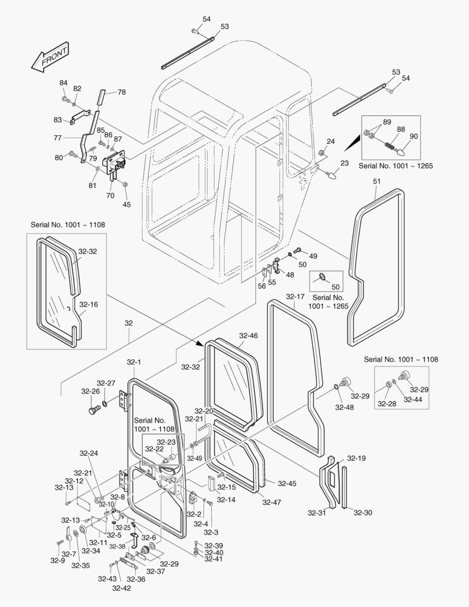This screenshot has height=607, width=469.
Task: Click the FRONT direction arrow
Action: point(50,57)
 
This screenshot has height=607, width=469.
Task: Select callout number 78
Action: point(121,92)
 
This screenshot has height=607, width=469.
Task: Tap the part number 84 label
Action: point(63,83)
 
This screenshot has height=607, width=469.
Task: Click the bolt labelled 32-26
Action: point(94,410)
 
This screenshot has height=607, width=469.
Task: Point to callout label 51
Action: point(377,181)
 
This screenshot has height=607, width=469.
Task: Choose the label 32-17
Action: point(295,296)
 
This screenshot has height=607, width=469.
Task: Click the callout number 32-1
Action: point(135,363)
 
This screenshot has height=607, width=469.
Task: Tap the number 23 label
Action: point(344,162)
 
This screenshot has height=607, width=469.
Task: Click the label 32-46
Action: point(248,336)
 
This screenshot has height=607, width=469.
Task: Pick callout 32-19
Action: point(356,458)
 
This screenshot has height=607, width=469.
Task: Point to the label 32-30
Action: point(363,513)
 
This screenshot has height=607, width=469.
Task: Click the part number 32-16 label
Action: point(88,304)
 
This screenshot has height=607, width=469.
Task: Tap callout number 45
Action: point(127,205)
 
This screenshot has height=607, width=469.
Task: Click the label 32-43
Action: point(107,579)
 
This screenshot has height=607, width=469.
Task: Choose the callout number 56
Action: point(262,286)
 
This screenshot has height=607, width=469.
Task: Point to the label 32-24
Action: point(90,453)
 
